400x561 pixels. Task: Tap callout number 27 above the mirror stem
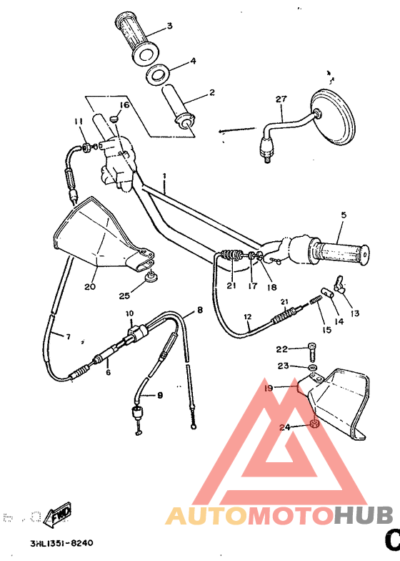pyautogui.click(x=281, y=99)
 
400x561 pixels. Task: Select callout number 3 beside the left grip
pyautogui.click(x=169, y=26)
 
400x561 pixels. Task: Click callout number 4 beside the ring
pyautogui.click(x=192, y=62)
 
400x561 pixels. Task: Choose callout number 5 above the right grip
pyautogui.click(x=343, y=214)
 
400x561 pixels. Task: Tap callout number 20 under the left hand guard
pyautogui.click(x=90, y=286)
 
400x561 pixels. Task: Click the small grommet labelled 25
pyautogui.click(x=149, y=276)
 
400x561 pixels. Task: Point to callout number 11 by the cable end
pyautogui.click(x=79, y=121)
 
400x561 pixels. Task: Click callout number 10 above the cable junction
pyautogui.click(x=130, y=314)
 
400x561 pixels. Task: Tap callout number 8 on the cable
pyautogui.click(x=200, y=311)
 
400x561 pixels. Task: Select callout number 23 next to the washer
pyautogui.click(x=284, y=366)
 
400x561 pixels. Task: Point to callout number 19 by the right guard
pyautogui.click(x=269, y=389)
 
